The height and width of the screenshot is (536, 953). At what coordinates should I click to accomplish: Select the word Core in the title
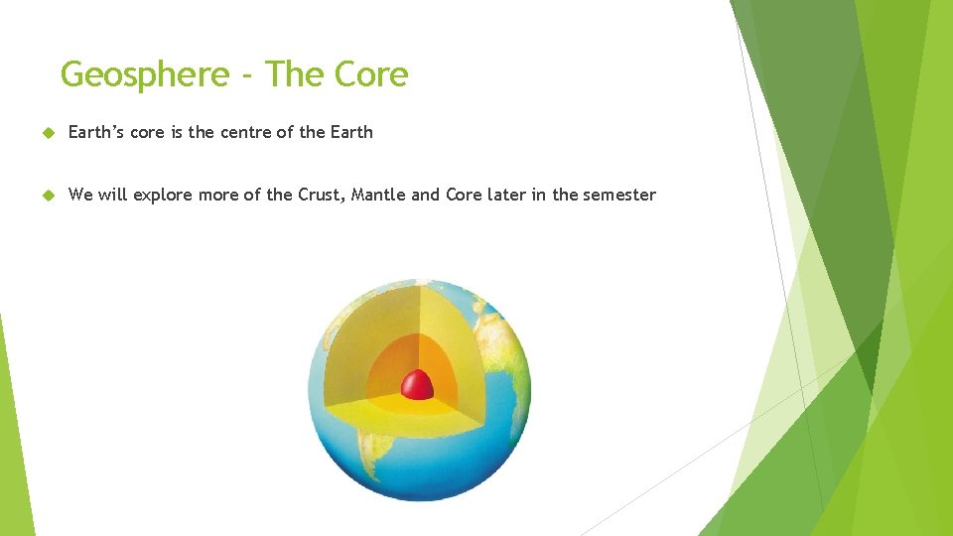[x=371, y=74]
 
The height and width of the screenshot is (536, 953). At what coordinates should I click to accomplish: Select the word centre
[x=244, y=132]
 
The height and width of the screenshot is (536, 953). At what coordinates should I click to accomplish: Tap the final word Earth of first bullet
[x=348, y=132]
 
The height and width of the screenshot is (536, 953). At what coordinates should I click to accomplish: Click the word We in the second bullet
[x=80, y=195]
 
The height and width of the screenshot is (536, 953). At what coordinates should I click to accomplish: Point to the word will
[x=112, y=195]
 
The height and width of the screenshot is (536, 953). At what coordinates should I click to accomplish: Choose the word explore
[x=163, y=196]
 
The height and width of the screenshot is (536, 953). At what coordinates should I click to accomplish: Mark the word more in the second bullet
[x=218, y=195]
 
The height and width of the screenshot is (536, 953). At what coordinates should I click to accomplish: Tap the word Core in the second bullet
[x=463, y=195]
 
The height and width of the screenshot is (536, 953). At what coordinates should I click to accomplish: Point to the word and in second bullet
[x=425, y=195]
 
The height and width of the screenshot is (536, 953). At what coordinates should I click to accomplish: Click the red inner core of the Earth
[x=417, y=384]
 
